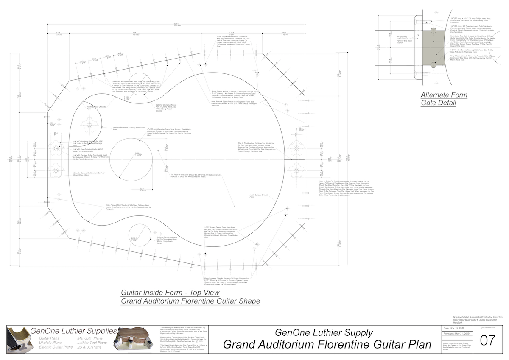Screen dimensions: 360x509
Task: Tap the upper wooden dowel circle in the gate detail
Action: click(433, 31)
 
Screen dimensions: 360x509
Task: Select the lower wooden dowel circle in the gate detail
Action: click(433, 65)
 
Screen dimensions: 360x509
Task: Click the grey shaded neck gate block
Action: click(433, 48)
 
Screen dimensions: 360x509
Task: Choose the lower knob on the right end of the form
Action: click(295, 170)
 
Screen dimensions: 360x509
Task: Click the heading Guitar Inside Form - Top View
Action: click(170, 293)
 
